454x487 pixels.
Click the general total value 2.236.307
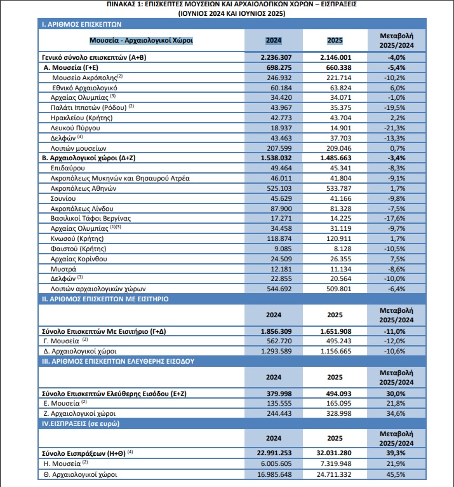[275, 57]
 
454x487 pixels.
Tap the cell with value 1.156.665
[335, 351]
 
